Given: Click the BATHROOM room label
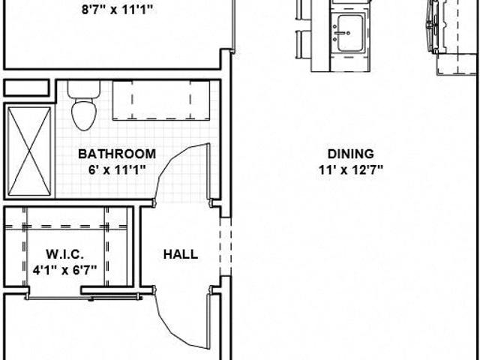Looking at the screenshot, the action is pyautogui.click(x=117, y=154).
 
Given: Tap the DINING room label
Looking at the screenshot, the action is pyautogui.click(x=350, y=154).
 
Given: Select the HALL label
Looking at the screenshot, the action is pyautogui.click(x=181, y=254).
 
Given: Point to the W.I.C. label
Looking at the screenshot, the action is pyautogui.click(x=65, y=254).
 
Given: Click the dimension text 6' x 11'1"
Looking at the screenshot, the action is pyautogui.click(x=117, y=169).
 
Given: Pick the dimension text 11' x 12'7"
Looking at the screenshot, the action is pyautogui.click(x=351, y=169).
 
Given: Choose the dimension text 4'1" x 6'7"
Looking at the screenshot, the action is pyautogui.click(x=65, y=270).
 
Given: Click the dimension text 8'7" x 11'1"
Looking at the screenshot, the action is pyautogui.click(x=117, y=10).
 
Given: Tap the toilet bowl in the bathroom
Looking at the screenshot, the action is pyautogui.click(x=84, y=115).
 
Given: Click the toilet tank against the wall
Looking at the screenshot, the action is pyautogui.click(x=84, y=89).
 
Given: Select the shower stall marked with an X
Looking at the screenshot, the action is pyautogui.click(x=29, y=151).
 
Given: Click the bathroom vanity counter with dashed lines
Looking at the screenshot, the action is pyautogui.click(x=161, y=100).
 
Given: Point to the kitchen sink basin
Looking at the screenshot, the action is pyautogui.click(x=350, y=33).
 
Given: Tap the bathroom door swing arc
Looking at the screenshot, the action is pyautogui.click(x=181, y=172).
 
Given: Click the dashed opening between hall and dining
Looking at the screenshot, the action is pyautogui.click(x=226, y=247).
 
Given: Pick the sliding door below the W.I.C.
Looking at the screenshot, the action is pyautogui.click(x=82, y=297).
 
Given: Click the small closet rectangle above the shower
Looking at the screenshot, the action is pyautogui.click(x=27, y=88).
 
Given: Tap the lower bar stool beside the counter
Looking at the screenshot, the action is pyautogui.click(x=303, y=44).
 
